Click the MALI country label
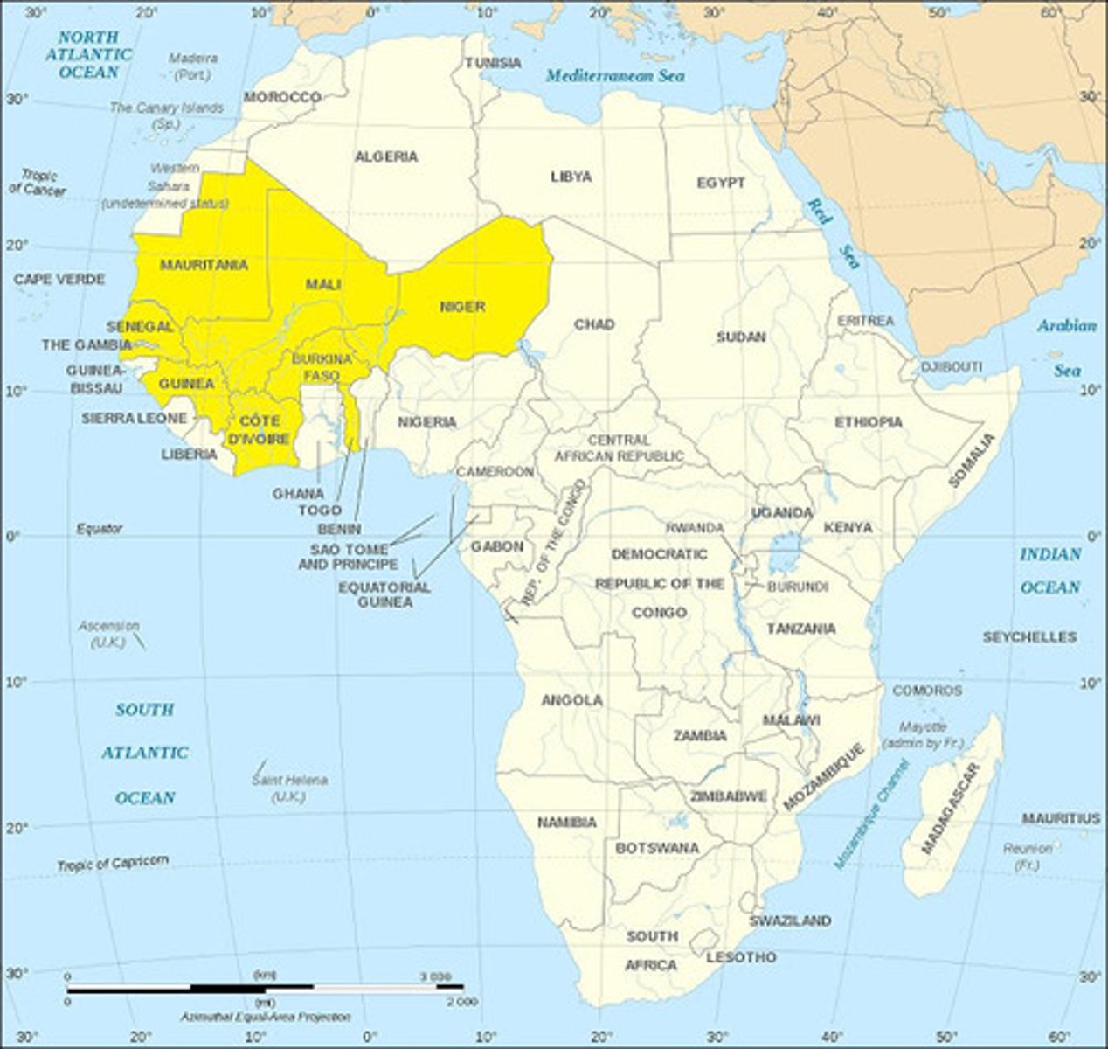coord(322,284)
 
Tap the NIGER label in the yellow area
coord(462,306)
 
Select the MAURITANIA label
coord(204,264)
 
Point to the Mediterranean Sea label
coord(615,76)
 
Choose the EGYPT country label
coord(721,183)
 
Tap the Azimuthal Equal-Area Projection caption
coord(265,1018)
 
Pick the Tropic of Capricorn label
coord(113,863)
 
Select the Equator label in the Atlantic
coord(99,528)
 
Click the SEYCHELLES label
coord(1029,636)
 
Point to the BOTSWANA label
coord(657,848)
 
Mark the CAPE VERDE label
coord(59,280)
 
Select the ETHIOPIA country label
coord(868,422)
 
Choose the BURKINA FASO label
coord(322,367)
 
